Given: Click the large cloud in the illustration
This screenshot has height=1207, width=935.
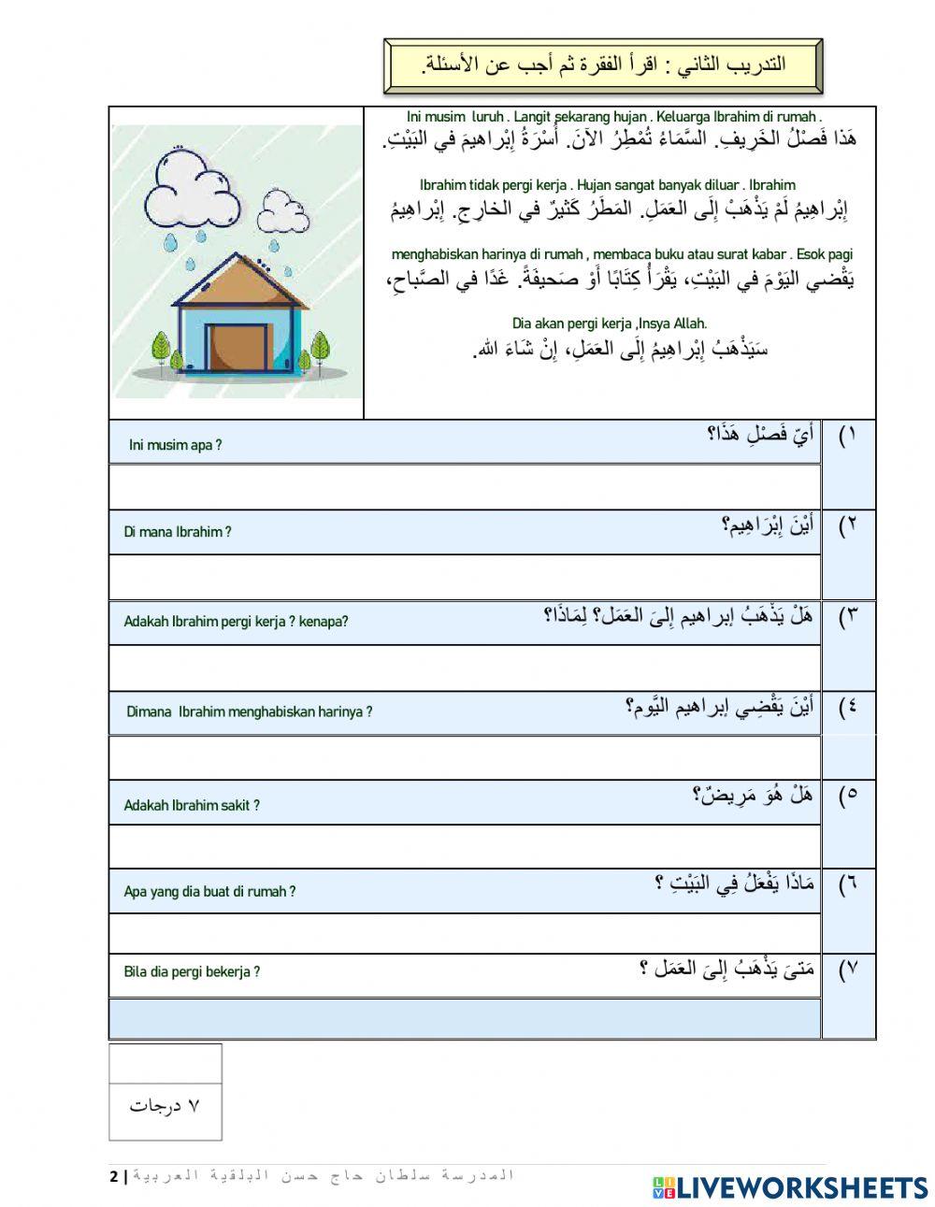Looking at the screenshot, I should pyautogui.click(x=192, y=192).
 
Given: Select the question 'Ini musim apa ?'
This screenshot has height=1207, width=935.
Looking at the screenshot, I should pyautogui.click(x=175, y=445).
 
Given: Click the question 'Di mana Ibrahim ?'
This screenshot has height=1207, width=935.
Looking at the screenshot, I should pyautogui.click(x=177, y=532).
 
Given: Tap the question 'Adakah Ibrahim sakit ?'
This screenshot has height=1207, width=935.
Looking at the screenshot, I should pyautogui.click(x=192, y=805).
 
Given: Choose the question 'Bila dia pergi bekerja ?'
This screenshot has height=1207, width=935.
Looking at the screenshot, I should pyautogui.click(x=192, y=971).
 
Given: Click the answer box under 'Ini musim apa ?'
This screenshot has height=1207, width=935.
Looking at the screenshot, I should pyautogui.click(x=464, y=486).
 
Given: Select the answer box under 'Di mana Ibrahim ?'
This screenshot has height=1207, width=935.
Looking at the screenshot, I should pyautogui.click(x=464, y=577).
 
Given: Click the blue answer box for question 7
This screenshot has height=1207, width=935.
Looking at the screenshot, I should pyautogui.click(x=464, y=1018).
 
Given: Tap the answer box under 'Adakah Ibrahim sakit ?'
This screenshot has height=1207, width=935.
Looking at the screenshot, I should pyautogui.click(x=464, y=846).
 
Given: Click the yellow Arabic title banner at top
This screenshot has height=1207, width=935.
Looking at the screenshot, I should pyautogui.click(x=602, y=65).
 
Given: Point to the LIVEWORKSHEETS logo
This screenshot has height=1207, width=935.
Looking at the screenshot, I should pyautogui.click(x=790, y=1187).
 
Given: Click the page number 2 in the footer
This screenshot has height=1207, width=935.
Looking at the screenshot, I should pyautogui.click(x=114, y=1176).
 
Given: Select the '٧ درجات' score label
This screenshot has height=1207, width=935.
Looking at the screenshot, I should pyautogui.click(x=165, y=1106).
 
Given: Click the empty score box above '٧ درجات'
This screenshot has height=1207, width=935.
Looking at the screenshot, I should pyautogui.click(x=165, y=1064).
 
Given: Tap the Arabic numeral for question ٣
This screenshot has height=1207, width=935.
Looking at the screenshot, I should pyautogui.click(x=848, y=617).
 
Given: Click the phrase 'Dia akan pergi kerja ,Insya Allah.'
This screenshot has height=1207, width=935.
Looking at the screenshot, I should pyautogui.click(x=610, y=323).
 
